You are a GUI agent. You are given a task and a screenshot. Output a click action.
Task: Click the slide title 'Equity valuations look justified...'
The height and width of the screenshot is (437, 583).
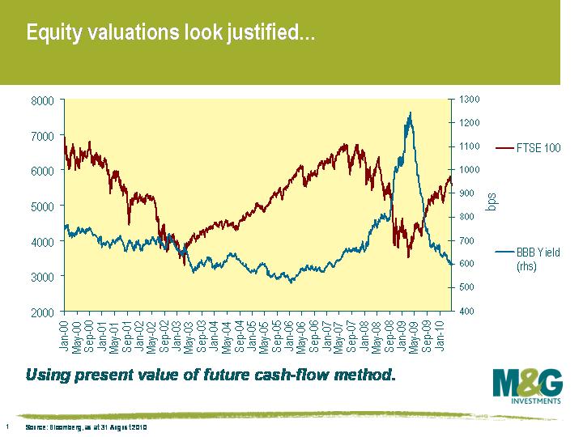(x=170, y=34)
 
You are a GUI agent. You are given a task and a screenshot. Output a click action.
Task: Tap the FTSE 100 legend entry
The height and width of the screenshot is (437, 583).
(x=527, y=148)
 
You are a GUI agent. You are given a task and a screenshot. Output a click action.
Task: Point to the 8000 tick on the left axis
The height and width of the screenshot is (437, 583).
(x=42, y=100)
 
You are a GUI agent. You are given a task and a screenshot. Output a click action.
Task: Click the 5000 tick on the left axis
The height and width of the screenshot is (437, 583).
(x=42, y=206)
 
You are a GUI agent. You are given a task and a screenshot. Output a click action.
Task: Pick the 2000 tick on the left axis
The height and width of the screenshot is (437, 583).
(x=42, y=312)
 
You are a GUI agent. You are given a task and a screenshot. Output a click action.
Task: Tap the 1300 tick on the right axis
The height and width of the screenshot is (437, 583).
(x=470, y=99)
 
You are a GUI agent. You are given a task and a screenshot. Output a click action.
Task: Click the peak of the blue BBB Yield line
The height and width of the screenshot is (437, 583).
(x=411, y=113)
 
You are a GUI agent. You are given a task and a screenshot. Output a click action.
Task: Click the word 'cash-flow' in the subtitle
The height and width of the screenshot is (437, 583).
(x=317, y=375)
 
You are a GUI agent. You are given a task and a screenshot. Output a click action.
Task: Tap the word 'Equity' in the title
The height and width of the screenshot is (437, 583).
(x=53, y=34)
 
